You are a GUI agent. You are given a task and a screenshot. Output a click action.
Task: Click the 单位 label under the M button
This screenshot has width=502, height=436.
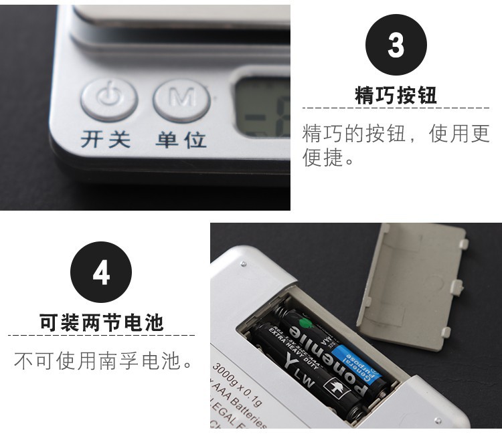click(x=181, y=140)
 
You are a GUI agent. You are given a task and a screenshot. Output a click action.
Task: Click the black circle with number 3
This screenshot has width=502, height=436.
click(x=396, y=45)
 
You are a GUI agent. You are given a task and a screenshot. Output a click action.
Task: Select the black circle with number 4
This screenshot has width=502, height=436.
click(x=101, y=273)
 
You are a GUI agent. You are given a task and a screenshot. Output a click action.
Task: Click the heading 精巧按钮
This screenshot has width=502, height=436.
click(x=396, y=95)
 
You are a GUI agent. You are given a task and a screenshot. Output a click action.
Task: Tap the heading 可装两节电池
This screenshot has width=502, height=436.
click(x=101, y=323)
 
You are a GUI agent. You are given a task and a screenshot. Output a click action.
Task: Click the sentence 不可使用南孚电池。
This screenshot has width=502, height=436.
click(x=104, y=362)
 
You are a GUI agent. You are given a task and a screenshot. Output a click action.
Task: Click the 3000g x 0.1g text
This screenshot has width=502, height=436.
click(x=238, y=384)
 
